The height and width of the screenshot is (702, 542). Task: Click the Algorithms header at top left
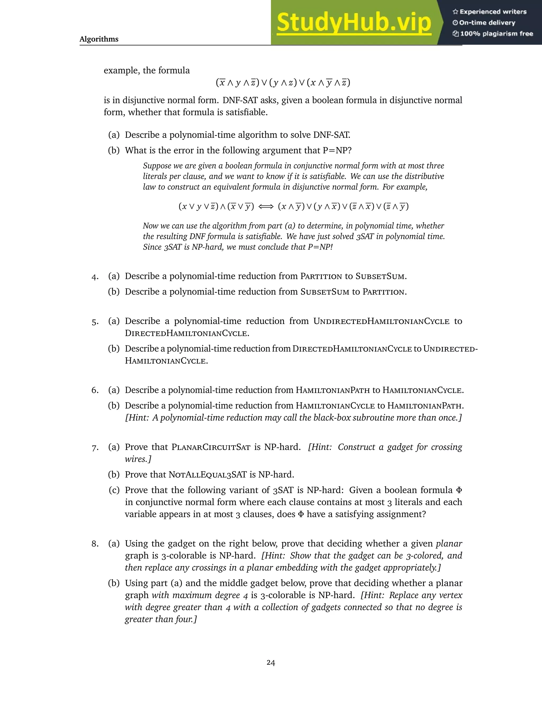[x=99, y=39]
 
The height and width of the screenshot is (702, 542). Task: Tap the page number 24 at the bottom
[x=271, y=663]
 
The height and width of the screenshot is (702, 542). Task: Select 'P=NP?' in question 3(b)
[x=337, y=150]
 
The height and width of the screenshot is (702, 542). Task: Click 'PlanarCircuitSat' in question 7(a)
[x=211, y=447]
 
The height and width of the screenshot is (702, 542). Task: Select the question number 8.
[x=95, y=544]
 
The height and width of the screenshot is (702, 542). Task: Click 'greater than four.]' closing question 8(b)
[x=161, y=619]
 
